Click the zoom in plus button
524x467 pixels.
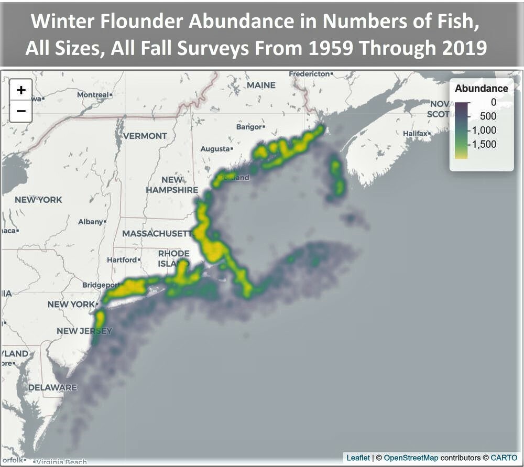click(x=21, y=90)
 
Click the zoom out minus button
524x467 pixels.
click(x=21, y=111)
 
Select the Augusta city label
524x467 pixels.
click(x=215, y=149)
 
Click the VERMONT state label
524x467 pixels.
click(x=145, y=136)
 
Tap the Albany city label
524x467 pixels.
click(x=90, y=222)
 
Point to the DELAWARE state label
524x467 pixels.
click(x=52, y=387)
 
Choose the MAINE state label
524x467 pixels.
click(x=261, y=85)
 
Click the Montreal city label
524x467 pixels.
click(x=93, y=95)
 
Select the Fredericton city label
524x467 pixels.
click(x=310, y=74)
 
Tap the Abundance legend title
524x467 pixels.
click(x=481, y=89)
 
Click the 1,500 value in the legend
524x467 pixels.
click(x=484, y=144)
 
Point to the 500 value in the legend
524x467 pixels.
click(x=488, y=116)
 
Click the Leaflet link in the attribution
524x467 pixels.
click(x=358, y=458)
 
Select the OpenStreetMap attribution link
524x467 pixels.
click(x=411, y=458)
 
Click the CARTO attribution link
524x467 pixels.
click(x=504, y=458)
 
